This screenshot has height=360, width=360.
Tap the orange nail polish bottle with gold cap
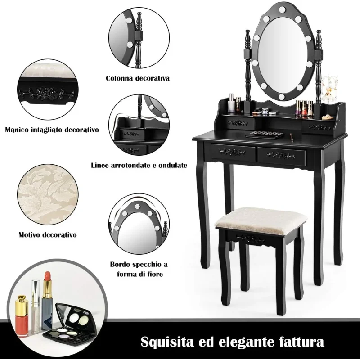click(22, 316)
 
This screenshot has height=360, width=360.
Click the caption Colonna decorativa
click(138, 78)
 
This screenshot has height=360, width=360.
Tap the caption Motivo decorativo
click(48, 235)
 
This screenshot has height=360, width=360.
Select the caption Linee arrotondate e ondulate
click(139, 165)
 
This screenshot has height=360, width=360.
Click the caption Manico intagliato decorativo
click(52, 130)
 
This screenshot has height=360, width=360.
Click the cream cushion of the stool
click(261, 220)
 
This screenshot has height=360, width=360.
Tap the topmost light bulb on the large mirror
click(282, 9)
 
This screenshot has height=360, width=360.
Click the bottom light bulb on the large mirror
click(282, 96)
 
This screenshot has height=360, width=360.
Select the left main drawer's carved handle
click(232, 152)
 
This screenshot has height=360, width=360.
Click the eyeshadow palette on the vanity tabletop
click(264, 135)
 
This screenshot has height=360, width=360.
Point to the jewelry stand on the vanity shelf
click(328, 96)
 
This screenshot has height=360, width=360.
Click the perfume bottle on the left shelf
click(232, 103)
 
